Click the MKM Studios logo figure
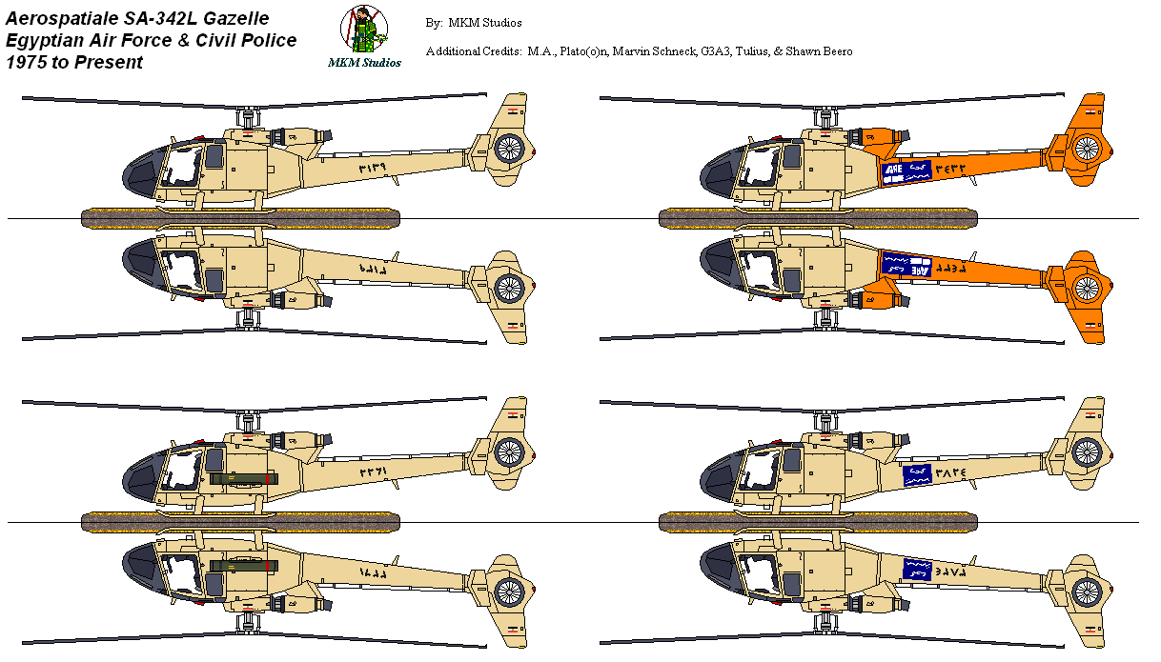[364, 30]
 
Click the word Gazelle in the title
[234, 18]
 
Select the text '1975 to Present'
[74, 62]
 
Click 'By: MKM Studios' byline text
[474, 22]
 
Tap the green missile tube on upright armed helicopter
[243, 478]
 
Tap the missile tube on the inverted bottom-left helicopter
[243, 565]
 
